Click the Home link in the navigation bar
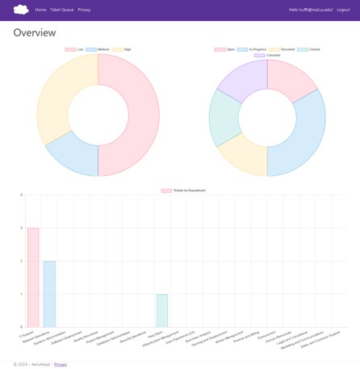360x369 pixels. click(40, 10)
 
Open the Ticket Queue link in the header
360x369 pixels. click(61, 10)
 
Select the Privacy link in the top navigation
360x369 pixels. click(84, 10)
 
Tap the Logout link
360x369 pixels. click(343, 10)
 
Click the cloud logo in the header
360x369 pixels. click(21, 10)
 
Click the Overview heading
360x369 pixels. click(35, 33)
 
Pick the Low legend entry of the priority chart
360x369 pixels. click(75, 49)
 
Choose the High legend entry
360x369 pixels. click(122, 49)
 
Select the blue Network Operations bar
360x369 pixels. click(49, 294)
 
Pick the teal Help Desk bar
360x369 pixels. click(162, 311)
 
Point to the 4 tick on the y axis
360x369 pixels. click(22, 195)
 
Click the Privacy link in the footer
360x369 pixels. click(61, 364)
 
